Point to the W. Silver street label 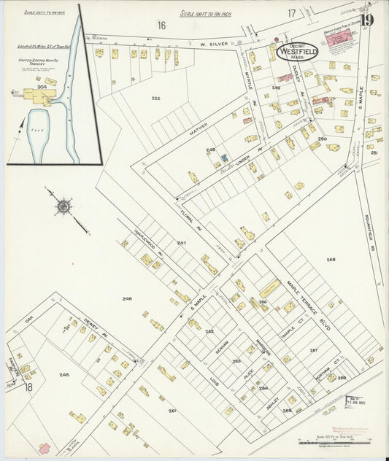click(212, 44)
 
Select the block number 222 click(155, 98)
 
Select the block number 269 click(330, 260)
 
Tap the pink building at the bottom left click(44, 448)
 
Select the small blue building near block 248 click(224, 158)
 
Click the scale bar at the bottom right click(336, 441)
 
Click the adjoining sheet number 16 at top click(161, 26)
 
